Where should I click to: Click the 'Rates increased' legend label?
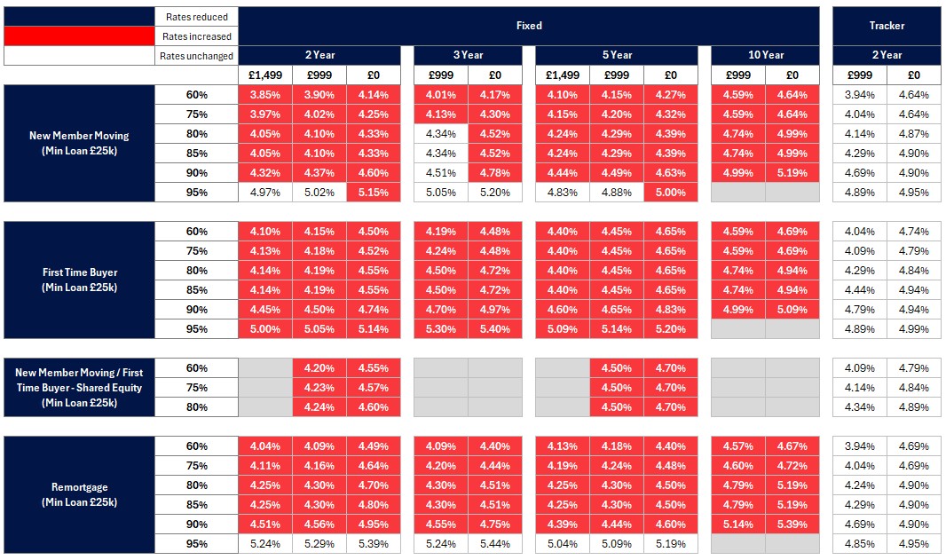click(x=197, y=36)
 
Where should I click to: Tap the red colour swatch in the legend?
click(x=79, y=36)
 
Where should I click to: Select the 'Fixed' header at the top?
click(x=529, y=26)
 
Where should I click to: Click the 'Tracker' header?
click(x=887, y=26)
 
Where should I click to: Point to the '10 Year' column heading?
click(x=765, y=55)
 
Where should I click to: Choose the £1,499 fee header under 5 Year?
click(x=562, y=75)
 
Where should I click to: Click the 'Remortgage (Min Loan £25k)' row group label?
click(x=79, y=495)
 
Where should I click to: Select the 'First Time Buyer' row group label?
click(x=79, y=280)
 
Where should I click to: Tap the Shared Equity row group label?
click(x=79, y=387)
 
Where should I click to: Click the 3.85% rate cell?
click(x=265, y=95)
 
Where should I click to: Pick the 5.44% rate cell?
click(x=495, y=543)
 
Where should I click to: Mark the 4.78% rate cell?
click(x=495, y=173)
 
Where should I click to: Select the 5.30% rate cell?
click(x=441, y=329)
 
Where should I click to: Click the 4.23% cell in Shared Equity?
click(x=319, y=388)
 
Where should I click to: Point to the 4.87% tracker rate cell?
click(x=914, y=134)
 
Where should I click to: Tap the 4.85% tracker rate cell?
click(x=860, y=543)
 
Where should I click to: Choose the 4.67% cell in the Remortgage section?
click(x=792, y=446)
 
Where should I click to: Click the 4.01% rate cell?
click(x=441, y=95)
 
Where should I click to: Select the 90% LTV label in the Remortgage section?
click(x=196, y=524)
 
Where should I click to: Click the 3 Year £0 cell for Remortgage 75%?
click(x=495, y=466)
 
